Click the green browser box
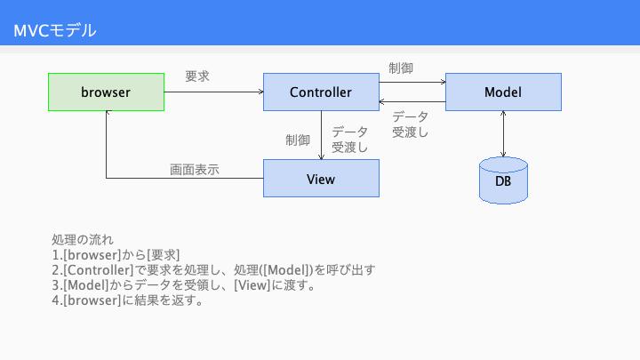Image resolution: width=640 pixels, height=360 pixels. pyautogui.click(x=106, y=92)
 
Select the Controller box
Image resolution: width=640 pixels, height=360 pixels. pyautogui.click(x=321, y=92)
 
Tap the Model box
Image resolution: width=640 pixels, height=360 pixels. pyautogui.click(x=503, y=92)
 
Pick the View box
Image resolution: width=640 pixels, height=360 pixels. pyautogui.click(x=321, y=179)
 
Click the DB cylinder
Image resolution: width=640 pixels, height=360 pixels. pyautogui.click(x=503, y=180)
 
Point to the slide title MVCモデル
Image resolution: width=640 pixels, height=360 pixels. pyautogui.click(x=55, y=30)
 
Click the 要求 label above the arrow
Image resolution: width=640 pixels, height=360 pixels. pyautogui.click(x=197, y=76)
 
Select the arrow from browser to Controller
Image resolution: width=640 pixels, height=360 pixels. pyautogui.click(x=214, y=92)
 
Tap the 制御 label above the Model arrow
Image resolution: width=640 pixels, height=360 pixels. pyautogui.click(x=401, y=68)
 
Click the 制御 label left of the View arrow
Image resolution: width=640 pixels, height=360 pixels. pyautogui.click(x=298, y=140)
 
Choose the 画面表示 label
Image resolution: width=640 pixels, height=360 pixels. pyautogui.click(x=195, y=170)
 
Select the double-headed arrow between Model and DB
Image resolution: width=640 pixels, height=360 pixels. pyautogui.click(x=503, y=134)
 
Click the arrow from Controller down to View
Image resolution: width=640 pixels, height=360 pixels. pyautogui.click(x=321, y=135)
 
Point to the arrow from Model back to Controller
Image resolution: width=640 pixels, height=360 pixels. pyautogui.click(x=412, y=101)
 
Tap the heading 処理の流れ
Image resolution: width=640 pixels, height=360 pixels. pyautogui.click(x=83, y=240)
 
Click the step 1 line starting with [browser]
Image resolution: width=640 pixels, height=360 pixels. pyautogui.click(x=116, y=255)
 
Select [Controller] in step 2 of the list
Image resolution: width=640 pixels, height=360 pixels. pyautogui.click(x=99, y=270)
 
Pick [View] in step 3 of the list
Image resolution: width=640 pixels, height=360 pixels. pyautogui.click(x=252, y=285)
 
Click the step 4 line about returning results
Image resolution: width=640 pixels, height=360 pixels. pyautogui.click(x=127, y=300)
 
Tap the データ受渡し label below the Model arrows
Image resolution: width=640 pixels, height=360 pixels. pyautogui.click(x=410, y=124)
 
